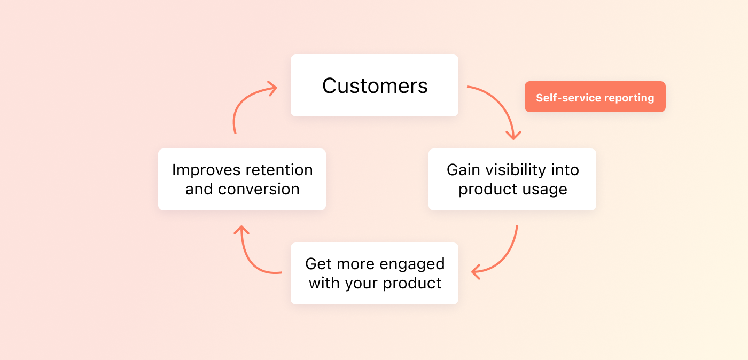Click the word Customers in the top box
pos(375,86)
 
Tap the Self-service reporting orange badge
pos(595,97)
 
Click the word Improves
pos(205,170)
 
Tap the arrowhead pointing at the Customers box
pos(271,89)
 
